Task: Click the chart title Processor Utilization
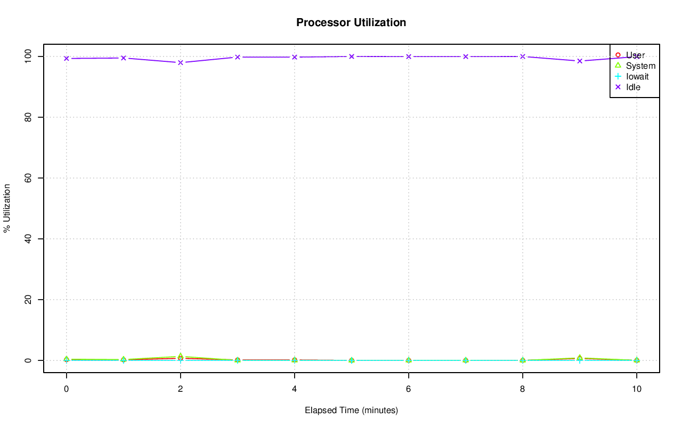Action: (351, 22)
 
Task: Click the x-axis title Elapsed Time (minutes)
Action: (351, 410)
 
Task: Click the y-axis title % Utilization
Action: (7, 208)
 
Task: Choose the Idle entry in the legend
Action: (633, 87)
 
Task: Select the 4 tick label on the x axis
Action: (294, 389)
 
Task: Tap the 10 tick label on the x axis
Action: (636, 389)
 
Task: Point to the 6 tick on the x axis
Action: (408, 389)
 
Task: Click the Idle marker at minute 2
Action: (181, 62)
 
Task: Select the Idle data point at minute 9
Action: (579, 61)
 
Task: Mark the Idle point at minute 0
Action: (67, 58)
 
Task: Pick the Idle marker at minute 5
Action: (351, 56)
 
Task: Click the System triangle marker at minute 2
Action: (181, 356)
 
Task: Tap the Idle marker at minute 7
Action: (465, 57)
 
